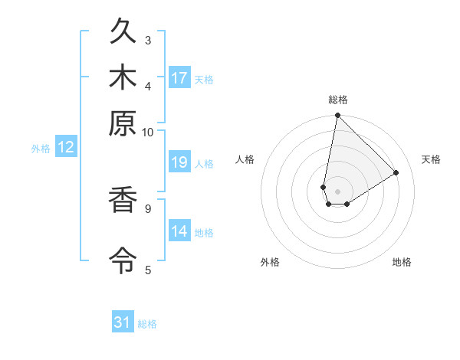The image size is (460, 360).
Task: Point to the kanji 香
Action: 123,201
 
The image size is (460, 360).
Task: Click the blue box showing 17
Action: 179,78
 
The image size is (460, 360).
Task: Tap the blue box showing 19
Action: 179,162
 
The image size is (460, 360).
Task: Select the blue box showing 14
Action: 179,231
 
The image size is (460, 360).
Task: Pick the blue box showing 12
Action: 66,148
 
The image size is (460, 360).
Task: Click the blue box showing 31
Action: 123,322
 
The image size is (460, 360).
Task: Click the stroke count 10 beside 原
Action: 147,132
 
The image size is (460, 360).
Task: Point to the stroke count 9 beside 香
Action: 147,207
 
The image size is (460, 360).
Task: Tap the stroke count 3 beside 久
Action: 148,40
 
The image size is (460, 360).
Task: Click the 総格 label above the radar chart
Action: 338,100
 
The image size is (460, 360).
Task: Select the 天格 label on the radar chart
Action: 431,159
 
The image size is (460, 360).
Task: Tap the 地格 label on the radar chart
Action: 402,262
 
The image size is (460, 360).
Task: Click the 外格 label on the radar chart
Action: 270,262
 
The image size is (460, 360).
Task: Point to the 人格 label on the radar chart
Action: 245,159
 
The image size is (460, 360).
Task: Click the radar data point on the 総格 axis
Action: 337,116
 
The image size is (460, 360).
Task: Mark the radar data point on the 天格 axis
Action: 396,173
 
